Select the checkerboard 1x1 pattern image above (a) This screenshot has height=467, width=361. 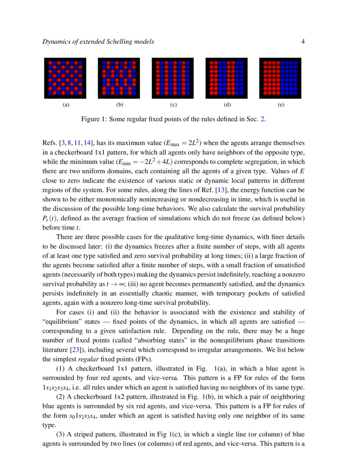point(65,78)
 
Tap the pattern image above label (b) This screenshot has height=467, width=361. point(119,78)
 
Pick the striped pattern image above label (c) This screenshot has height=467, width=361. point(172,78)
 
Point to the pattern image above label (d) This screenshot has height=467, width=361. point(226,78)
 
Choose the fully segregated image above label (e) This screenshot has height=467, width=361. point(280,78)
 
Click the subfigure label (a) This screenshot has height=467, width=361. point(65,104)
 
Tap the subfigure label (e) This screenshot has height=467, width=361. point(281,104)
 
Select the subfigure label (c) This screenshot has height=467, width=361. point(173,104)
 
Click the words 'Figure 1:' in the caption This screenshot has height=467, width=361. point(93,119)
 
